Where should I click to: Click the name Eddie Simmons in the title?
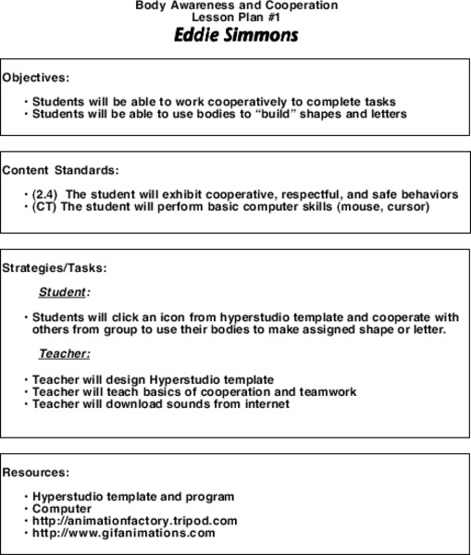click(236, 36)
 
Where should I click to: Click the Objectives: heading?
click(36, 78)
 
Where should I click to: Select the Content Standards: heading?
click(60, 170)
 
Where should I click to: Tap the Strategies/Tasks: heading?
click(55, 268)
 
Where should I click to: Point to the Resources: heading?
click(36, 472)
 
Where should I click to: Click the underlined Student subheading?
click(62, 292)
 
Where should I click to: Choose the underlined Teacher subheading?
click(63, 353)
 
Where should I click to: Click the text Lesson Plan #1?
click(236, 17)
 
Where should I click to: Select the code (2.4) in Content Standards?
click(45, 194)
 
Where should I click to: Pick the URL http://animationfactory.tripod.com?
click(134, 521)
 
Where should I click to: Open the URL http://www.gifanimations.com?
click(123, 533)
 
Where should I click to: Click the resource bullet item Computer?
click(62, 509)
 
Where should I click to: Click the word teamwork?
click(326, 391)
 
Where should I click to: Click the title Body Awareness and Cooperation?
click(236, 6)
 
